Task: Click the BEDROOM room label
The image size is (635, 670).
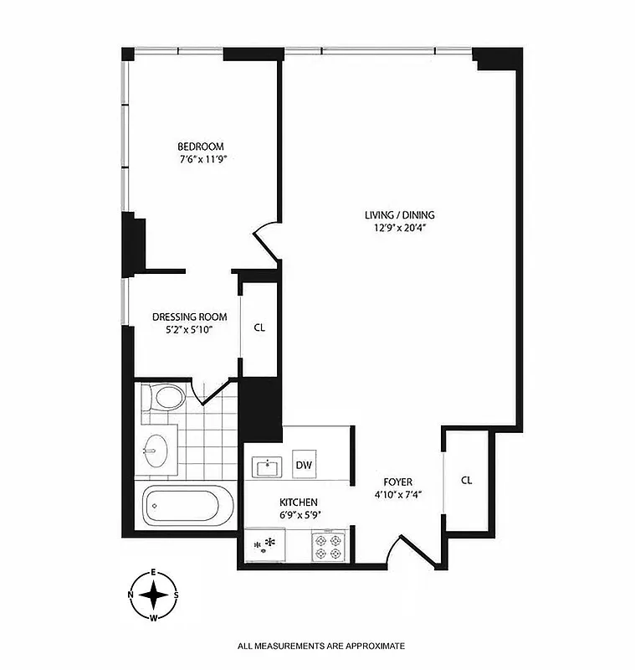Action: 200,147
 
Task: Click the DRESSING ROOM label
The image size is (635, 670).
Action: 190,317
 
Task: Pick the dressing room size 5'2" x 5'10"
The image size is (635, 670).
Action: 190,331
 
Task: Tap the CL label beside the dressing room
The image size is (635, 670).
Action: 259,327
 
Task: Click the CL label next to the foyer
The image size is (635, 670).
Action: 467,481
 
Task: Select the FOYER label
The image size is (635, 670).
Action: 398,482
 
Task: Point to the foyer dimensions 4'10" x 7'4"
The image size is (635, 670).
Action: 398,494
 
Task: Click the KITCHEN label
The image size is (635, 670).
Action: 298,502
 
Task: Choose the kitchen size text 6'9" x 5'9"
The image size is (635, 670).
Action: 298,514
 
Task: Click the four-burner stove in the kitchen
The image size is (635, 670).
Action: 326,547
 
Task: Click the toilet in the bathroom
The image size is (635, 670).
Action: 166,396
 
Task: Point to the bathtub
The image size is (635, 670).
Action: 185,506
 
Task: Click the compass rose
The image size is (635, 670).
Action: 154,595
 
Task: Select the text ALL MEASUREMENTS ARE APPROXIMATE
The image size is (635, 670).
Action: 321,646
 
